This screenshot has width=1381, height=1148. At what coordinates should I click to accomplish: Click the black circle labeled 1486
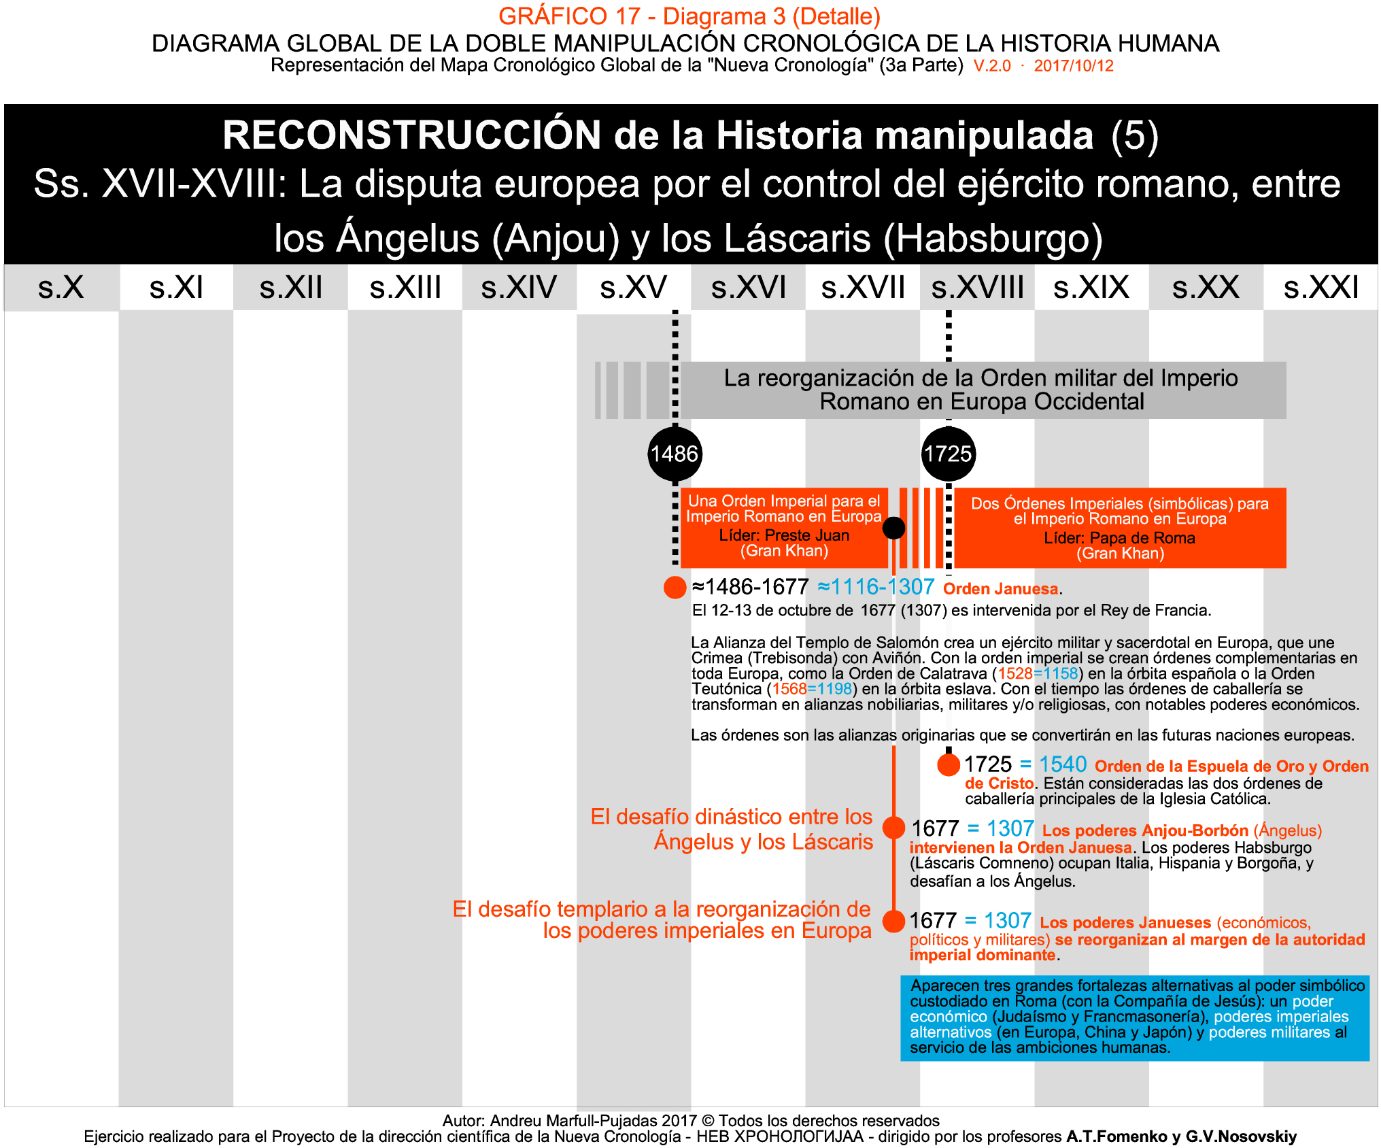point(675,454)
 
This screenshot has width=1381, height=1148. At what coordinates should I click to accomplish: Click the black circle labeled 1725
point(949,454)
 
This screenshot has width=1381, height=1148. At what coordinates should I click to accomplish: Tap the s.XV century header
point(633,287)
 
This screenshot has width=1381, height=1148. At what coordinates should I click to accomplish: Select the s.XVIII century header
point(977,287)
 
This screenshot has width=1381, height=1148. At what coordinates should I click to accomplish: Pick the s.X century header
point(61,287)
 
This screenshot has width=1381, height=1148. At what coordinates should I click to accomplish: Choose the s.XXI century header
point(1320,287)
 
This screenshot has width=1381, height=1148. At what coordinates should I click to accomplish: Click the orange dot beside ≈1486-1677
point(675,588)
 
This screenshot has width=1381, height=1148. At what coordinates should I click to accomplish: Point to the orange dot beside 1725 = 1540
point(949,764)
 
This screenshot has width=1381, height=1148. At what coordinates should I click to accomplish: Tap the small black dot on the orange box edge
point(893,528)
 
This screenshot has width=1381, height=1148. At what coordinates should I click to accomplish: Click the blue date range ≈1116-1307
point(876,587)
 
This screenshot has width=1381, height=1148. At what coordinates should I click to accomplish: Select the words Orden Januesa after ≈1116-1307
point(1000,589)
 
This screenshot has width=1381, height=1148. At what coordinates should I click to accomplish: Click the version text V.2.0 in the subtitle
point(992,66)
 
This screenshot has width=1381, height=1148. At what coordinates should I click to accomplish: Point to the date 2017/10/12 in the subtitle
point(1074,66)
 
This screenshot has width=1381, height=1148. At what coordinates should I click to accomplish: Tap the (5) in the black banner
point(1134,135)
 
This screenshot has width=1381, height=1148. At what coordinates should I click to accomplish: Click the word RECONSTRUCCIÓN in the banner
point(412,135)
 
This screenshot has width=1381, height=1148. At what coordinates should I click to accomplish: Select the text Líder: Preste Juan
point(784,535)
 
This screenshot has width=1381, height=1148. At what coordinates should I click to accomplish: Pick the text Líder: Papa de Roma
point(1119,538)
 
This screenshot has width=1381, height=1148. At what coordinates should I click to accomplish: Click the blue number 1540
point(1063,764)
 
